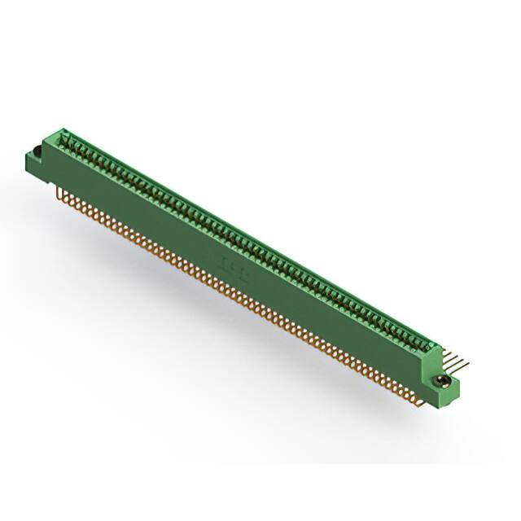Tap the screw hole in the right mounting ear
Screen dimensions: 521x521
tap(443, 380)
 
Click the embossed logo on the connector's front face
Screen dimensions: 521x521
tap(230, 262)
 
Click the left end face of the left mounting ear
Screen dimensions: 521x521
tap(31, 163)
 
